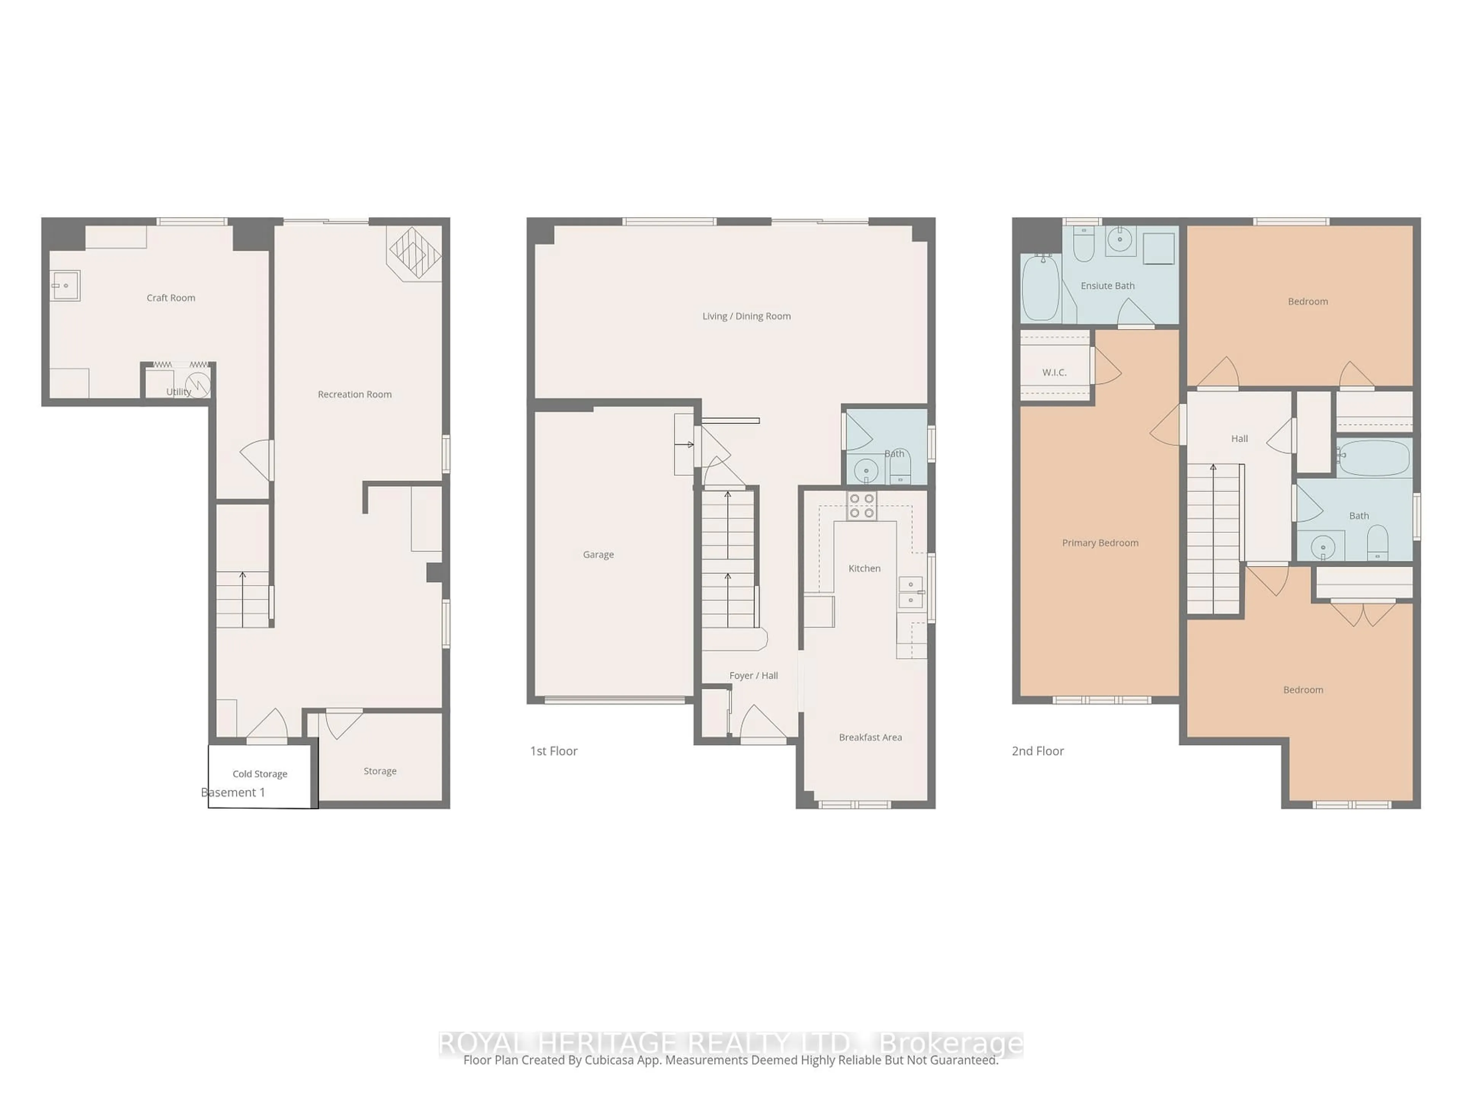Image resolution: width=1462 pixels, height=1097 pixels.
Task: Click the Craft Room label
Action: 171,297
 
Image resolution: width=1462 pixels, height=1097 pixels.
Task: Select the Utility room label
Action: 179,392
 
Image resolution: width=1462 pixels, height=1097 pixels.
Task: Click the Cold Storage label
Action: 260,774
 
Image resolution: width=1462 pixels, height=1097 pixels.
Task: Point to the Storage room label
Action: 380,771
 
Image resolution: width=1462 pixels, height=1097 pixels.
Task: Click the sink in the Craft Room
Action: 65,286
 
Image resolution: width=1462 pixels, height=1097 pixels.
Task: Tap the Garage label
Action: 598,555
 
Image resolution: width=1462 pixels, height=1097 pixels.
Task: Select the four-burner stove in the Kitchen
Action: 862,506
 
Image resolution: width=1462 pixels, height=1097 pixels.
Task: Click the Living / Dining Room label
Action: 746,316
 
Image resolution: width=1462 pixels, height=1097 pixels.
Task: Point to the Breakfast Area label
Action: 870,737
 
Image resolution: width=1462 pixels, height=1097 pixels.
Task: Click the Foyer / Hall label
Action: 753,676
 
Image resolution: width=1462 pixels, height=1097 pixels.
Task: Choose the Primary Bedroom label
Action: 1100,543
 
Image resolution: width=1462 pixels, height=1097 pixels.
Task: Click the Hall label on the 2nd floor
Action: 1239,438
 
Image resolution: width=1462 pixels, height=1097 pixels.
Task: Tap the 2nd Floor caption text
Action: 1037,751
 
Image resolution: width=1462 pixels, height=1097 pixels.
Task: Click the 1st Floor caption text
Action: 554,751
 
